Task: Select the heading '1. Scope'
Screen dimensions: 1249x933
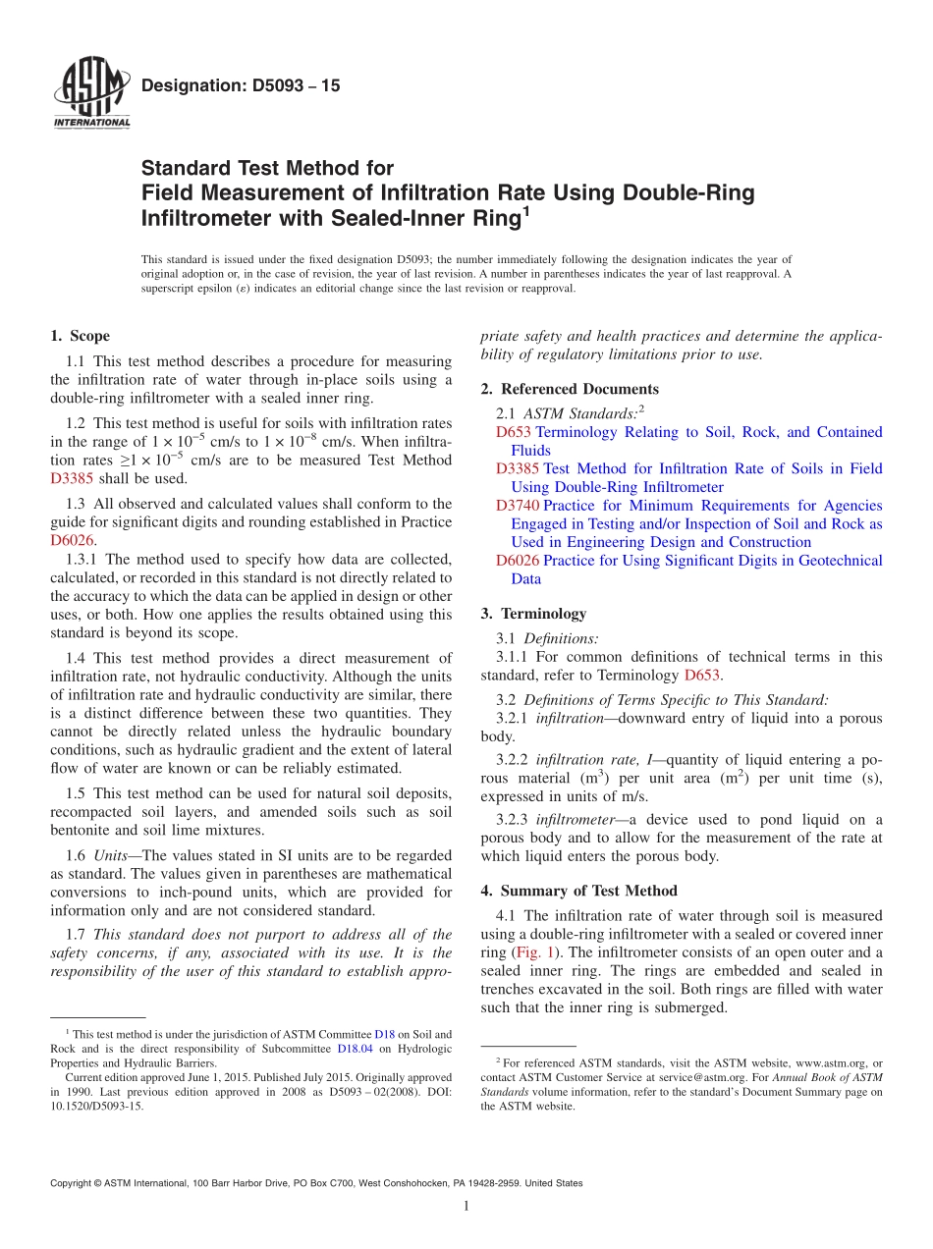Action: [80, 336]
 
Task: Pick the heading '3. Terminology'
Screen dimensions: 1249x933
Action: [533, 614]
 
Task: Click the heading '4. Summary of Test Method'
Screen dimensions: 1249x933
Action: [578, 891]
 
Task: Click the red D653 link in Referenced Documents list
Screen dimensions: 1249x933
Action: [513, 432]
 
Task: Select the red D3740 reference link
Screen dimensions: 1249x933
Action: [518, 506]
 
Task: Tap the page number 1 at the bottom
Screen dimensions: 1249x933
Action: [466, 1207]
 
